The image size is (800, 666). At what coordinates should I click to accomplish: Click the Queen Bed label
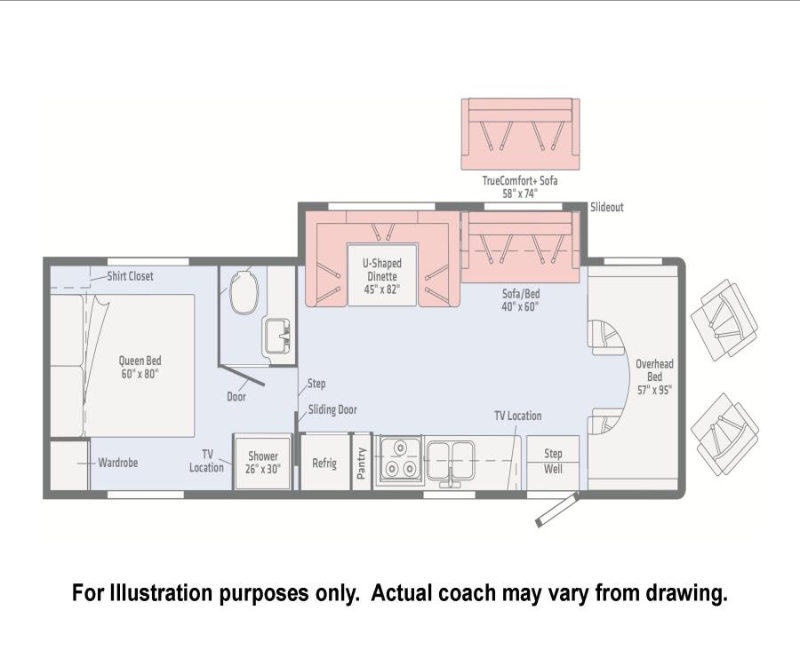[140, 367]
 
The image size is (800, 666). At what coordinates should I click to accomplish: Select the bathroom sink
[276, 336]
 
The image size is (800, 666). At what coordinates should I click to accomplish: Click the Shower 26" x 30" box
[263, 462]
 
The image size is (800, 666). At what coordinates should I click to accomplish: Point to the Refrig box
[324, 463]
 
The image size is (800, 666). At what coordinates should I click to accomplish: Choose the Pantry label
[361, 464]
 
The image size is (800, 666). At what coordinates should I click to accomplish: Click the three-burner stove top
[399, 460]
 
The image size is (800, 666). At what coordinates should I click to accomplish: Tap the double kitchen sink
[451, 460]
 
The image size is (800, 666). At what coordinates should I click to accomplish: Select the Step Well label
[553, 461]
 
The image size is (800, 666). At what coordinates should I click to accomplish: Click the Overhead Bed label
[654, 377]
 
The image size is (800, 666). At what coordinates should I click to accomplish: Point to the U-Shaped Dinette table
[382, 275]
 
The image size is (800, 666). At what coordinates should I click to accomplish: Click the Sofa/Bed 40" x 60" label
[520, 299]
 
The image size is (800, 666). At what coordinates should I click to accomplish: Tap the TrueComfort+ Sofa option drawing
[520, 134]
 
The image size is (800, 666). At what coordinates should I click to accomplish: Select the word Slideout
[606, 207]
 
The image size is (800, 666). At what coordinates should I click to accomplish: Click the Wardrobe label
[118, 463]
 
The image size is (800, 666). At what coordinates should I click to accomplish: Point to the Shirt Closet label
[130, 276]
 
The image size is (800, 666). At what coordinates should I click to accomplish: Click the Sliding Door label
[332, 409]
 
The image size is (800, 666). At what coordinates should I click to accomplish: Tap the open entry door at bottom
[556, 510]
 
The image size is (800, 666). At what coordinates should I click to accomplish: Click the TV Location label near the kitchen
[518, 416]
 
